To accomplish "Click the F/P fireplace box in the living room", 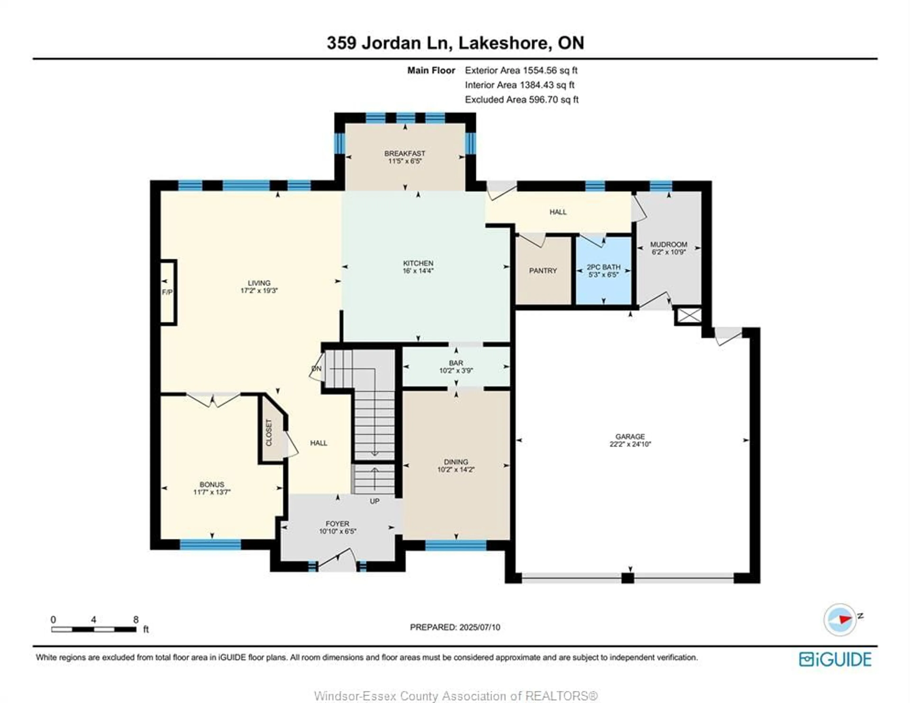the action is (x=169, y=292).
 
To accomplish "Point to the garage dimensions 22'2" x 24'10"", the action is (x=630, y=444).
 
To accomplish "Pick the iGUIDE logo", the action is (x=835, y=659).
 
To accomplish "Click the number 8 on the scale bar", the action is (x=136, y=620).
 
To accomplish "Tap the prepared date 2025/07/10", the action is (x=480, y=627).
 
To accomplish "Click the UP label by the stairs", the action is (x=375, y=501).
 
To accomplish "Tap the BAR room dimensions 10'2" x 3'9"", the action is (x=456, y=371).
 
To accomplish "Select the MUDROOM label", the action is (x=669, y=245).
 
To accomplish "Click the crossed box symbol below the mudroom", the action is (x=690, y=315).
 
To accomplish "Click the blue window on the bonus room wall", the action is (x=210, y=544).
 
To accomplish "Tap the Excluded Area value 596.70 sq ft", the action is (x=554, y=100).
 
